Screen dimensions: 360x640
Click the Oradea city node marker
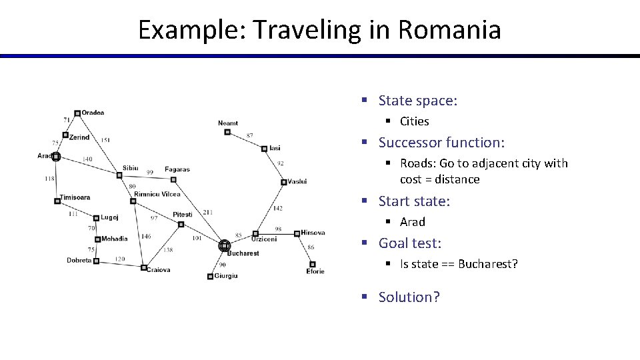(77, 113)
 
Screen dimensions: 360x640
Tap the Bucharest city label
(243, 253)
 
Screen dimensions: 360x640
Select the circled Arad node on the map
(56, 157)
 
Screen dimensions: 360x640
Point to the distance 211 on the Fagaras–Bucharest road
(208, 213)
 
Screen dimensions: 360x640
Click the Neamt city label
(228, 123)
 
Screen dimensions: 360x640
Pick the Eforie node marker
(312, 264)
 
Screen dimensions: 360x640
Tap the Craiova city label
(159, 270)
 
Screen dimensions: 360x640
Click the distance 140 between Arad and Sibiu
(87, 159)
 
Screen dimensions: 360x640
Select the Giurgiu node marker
(211, 276)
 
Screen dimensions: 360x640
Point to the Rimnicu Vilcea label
(157, 194)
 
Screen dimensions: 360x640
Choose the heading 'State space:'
(418, 101)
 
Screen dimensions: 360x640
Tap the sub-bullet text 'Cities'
(415, 121)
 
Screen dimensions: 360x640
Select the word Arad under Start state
(413, 222)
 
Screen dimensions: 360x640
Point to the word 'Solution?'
(409, 297)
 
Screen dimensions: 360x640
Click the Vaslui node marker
(284, 181)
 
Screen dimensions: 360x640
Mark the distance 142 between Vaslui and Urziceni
(277, 209)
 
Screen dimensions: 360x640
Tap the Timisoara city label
(75, 197)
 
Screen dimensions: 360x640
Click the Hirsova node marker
(297, 233)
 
